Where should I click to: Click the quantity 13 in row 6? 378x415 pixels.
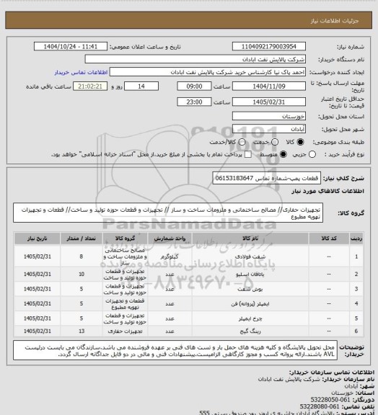click(82, 329)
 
